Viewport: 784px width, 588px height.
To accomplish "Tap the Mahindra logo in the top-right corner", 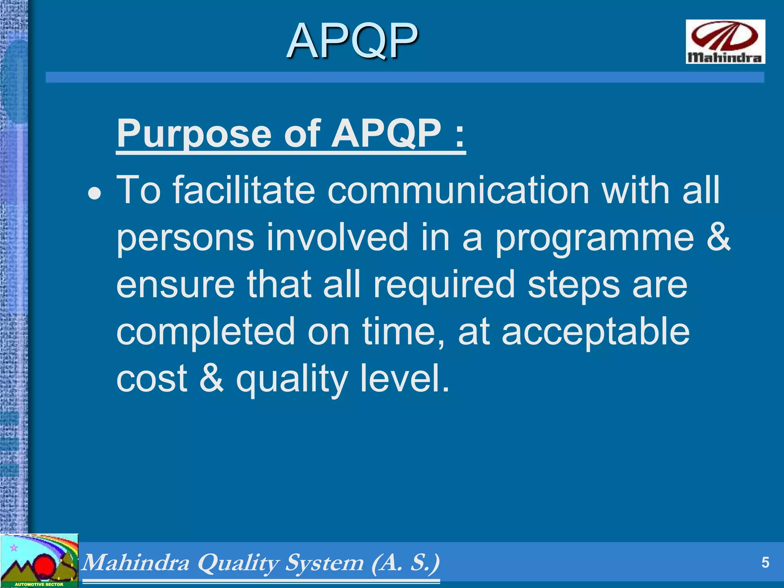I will coord(725,42).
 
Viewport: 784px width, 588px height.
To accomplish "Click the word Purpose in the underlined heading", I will coord(193,134).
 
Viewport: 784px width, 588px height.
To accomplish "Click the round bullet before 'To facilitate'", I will coord(95,194).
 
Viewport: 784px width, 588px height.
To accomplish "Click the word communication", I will coord(458,190).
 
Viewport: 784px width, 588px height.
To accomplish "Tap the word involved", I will coord(337,237).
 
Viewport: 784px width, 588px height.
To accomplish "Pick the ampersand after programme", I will coord(719,237).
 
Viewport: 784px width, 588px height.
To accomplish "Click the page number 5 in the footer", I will coord(765,563).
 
